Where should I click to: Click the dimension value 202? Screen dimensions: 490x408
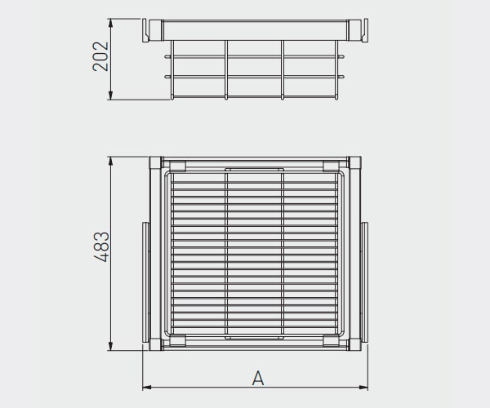(100, 56)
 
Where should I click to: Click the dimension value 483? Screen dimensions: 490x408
(102, 246)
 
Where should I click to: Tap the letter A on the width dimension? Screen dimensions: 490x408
(258, 378)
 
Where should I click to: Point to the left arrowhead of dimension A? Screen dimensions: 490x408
(147, 388)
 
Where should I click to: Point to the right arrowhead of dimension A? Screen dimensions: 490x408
(363, 388)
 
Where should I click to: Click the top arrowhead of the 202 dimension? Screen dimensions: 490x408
(110, 23)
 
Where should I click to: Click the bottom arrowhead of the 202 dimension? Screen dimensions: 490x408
(110, 95)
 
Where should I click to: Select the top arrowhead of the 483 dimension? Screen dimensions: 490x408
(110, 162)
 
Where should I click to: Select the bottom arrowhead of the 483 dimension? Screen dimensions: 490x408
(110, 346)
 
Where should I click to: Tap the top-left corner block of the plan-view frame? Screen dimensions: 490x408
(155, 162)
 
